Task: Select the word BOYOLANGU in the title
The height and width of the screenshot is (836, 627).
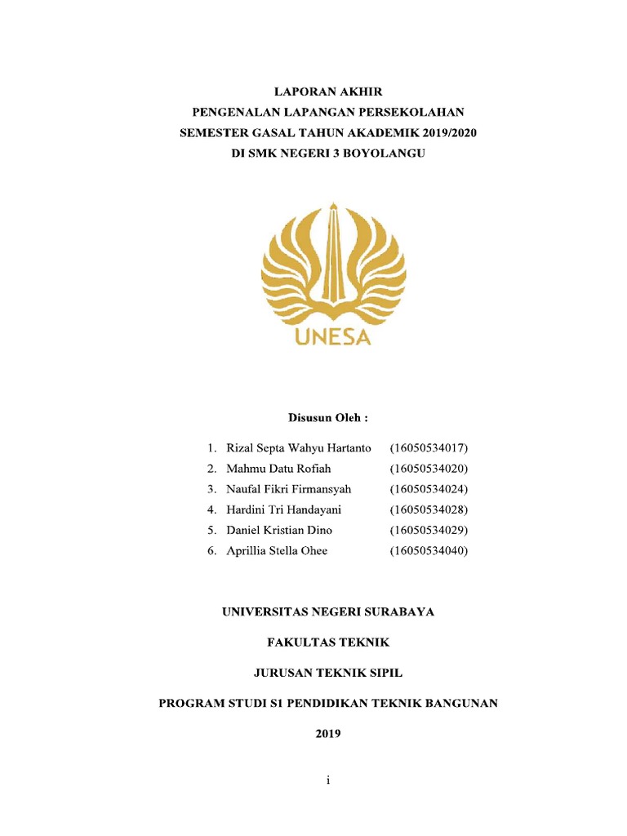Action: click(x=383, y=152)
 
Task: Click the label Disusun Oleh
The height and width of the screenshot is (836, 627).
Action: click(x=327, y=418)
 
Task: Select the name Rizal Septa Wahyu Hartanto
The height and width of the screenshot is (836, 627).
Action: click(x=299, y=448)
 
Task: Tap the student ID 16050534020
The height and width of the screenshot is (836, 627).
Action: click(x=429, y=469)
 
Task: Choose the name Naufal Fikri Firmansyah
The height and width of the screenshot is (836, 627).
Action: click(x=288, y=489)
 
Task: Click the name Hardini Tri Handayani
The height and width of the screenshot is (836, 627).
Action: click(x=283, y=509)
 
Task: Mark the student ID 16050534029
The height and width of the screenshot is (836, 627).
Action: click(x=429, y=530)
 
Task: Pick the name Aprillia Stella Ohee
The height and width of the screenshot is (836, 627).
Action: click(x=277, y=551)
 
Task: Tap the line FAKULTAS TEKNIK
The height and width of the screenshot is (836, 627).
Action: click(x=328, y=643)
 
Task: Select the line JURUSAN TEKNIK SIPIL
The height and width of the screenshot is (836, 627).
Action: click(x=328, y=673)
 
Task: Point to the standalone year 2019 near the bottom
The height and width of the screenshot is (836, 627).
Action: click(x=328, y=733)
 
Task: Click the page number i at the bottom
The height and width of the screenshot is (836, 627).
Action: click(x=327, y=781)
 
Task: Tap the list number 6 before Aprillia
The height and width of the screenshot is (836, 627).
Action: click(x=211, y=551)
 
